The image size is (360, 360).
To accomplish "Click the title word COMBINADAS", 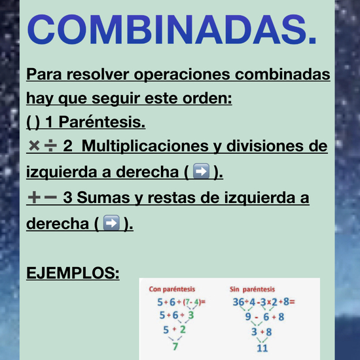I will pos(172,29).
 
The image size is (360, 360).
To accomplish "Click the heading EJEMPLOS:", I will pos(73,272).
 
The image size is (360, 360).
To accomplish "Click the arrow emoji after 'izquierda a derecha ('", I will pos(202,172).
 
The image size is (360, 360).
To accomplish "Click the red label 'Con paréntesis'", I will pos(171,289).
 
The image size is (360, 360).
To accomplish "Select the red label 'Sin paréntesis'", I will pos(253,289).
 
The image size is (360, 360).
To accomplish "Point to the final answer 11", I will pos(262,347).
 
